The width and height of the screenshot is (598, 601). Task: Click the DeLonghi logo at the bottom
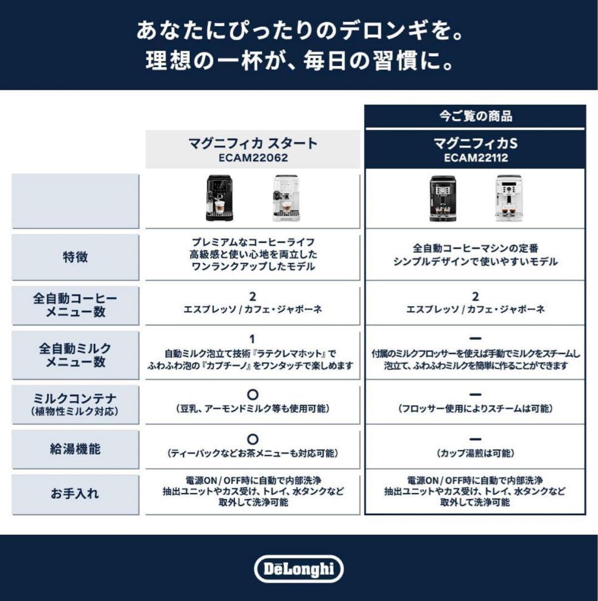click(x=299, y=569)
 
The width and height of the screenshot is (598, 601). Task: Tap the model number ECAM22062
click(x=253, y=157)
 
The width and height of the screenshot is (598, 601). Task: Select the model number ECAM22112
click(x=475, y=157)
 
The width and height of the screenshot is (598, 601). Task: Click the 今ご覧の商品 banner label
click(x=475, y=116)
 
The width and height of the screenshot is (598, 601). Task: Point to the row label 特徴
click(x=75, y=257)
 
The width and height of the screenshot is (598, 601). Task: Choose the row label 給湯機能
click(x=75, y=449)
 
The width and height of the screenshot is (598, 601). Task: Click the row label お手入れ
click(x=75, y=494)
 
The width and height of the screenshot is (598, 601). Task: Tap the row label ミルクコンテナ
click(x=75, y=398)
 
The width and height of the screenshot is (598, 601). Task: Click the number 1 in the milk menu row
click(x=252, y=339)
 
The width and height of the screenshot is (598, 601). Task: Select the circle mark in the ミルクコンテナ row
click(x=252, y=395)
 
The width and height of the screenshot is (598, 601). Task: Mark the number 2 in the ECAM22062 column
click(x=253, y=297)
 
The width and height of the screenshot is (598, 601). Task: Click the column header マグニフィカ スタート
click(x=253, y=143)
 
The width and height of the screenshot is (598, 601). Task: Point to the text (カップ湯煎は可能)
click(x=475, y=454)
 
